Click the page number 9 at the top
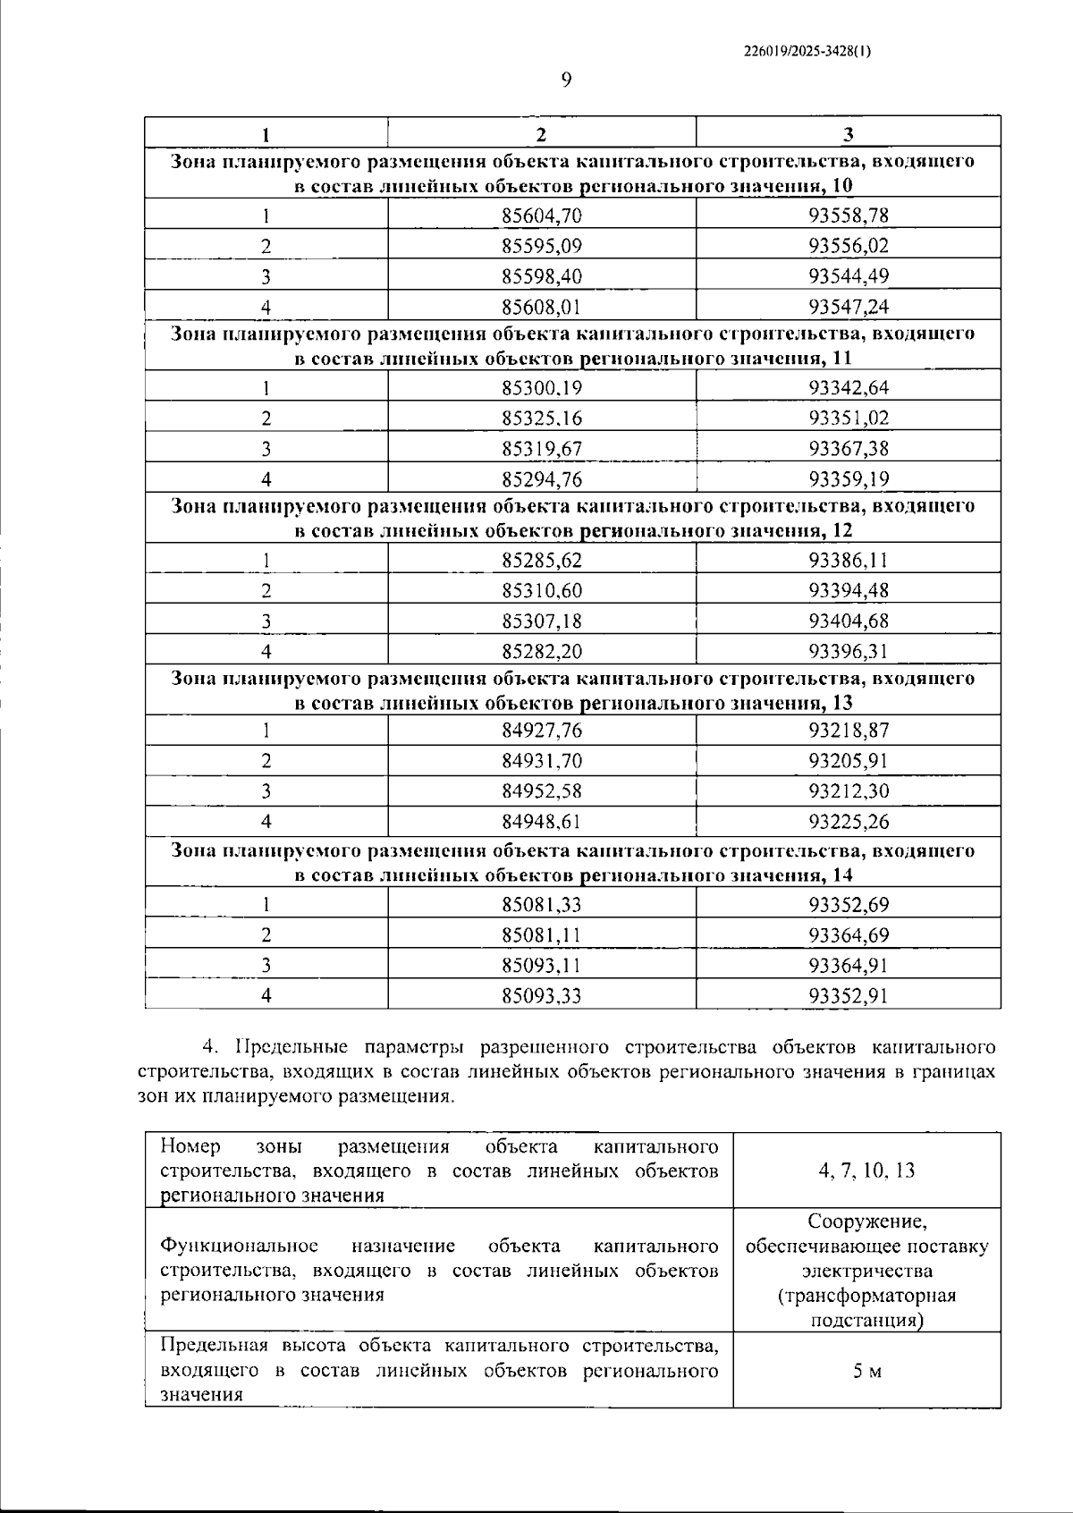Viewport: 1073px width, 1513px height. (565, 80)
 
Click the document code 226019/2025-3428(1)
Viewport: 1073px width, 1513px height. (807, 52)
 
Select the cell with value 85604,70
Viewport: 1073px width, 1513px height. (542, 216)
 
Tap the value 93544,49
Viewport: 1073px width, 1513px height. (849, 276)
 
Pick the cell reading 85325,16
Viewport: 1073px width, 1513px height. (542, 418)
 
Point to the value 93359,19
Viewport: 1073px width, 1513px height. (849, 479)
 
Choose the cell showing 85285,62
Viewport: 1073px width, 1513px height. (542, 561)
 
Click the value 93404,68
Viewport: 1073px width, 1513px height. (849, 621)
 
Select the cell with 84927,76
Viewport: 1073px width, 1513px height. (542, 731)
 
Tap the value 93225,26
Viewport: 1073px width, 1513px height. (849, 822)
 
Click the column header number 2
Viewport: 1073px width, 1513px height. (541, 134)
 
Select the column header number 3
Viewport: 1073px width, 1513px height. (848, 134)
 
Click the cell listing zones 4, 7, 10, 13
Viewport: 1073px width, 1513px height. (866, 1171)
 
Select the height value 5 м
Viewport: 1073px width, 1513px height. (866, 1371)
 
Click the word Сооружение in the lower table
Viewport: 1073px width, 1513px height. (866, 1221)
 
